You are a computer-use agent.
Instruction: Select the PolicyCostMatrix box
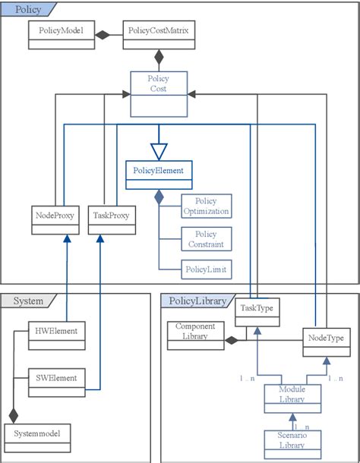(159, 33)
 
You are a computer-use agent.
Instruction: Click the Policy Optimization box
(206, 206)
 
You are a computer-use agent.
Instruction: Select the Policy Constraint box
(206, 239)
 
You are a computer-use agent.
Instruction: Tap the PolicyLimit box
(206, 269)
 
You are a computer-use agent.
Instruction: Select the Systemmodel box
(39, 436)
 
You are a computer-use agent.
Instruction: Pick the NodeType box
(325, 339)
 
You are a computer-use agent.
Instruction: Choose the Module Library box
(292, 395)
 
